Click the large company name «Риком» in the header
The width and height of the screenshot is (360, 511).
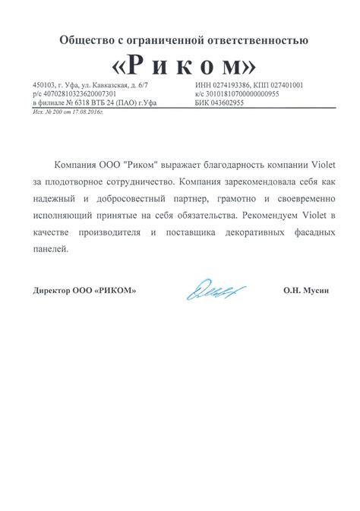[179, 63]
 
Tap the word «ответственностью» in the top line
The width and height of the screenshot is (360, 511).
[268, 39]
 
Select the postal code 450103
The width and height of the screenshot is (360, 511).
[43, 85]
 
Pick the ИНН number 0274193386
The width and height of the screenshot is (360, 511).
[235, 85]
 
